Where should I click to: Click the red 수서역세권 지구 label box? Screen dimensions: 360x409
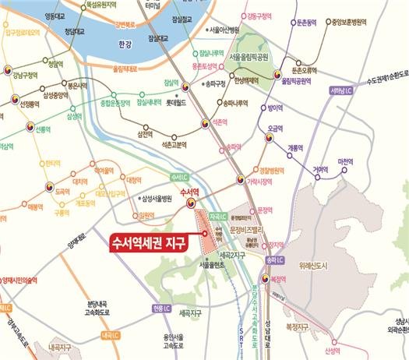(146, 243)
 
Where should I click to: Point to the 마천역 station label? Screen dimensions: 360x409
(345, 161)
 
